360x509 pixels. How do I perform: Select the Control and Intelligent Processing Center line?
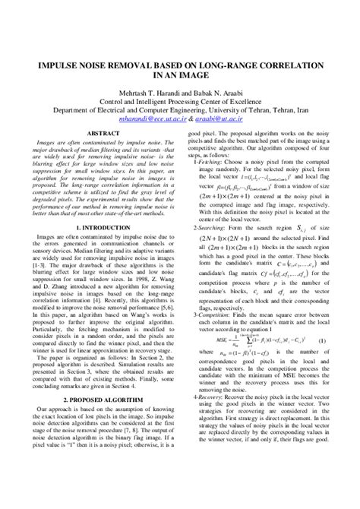(180, 99)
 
